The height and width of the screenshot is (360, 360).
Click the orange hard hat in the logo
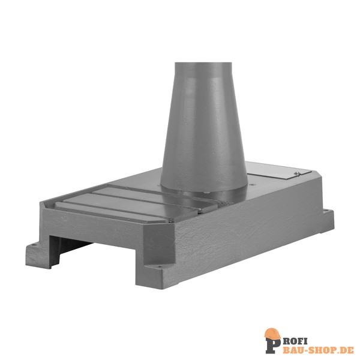point(272,333)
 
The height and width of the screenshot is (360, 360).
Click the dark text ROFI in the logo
point(295,341)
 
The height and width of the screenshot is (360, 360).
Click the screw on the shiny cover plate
point(297,173)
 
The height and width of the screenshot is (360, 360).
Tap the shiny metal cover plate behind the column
point(279,170)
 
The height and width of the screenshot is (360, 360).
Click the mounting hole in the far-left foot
point(35,245)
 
